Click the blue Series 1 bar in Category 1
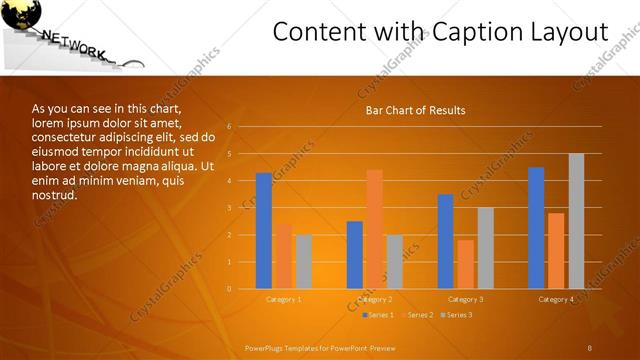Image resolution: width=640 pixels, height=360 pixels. click(x=263, y=231)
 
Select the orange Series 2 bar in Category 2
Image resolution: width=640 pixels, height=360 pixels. click(x=374, y=229)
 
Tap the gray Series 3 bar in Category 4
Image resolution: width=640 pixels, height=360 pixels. click(x=576, y=221)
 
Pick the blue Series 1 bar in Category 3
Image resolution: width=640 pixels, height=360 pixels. click(x=445, y=241)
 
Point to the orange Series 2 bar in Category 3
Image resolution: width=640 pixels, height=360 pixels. click(x=465, y=264)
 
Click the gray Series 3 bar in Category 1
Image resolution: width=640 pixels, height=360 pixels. click(x=303, y=261)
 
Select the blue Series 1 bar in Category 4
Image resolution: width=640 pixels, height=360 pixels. click(x=536, y=228)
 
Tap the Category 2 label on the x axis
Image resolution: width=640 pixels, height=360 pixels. click(x=374, y=299)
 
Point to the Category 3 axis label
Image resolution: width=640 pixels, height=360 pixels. click(x=465, y=299)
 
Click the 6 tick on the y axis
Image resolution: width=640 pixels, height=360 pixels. click(x=229, y=127)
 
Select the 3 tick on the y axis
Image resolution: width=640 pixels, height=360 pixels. click(x=229, y=208)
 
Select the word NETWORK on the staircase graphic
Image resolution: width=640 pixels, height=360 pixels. click(x=73, y=44)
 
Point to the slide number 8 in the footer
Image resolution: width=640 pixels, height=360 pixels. click(x=590, y=347)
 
